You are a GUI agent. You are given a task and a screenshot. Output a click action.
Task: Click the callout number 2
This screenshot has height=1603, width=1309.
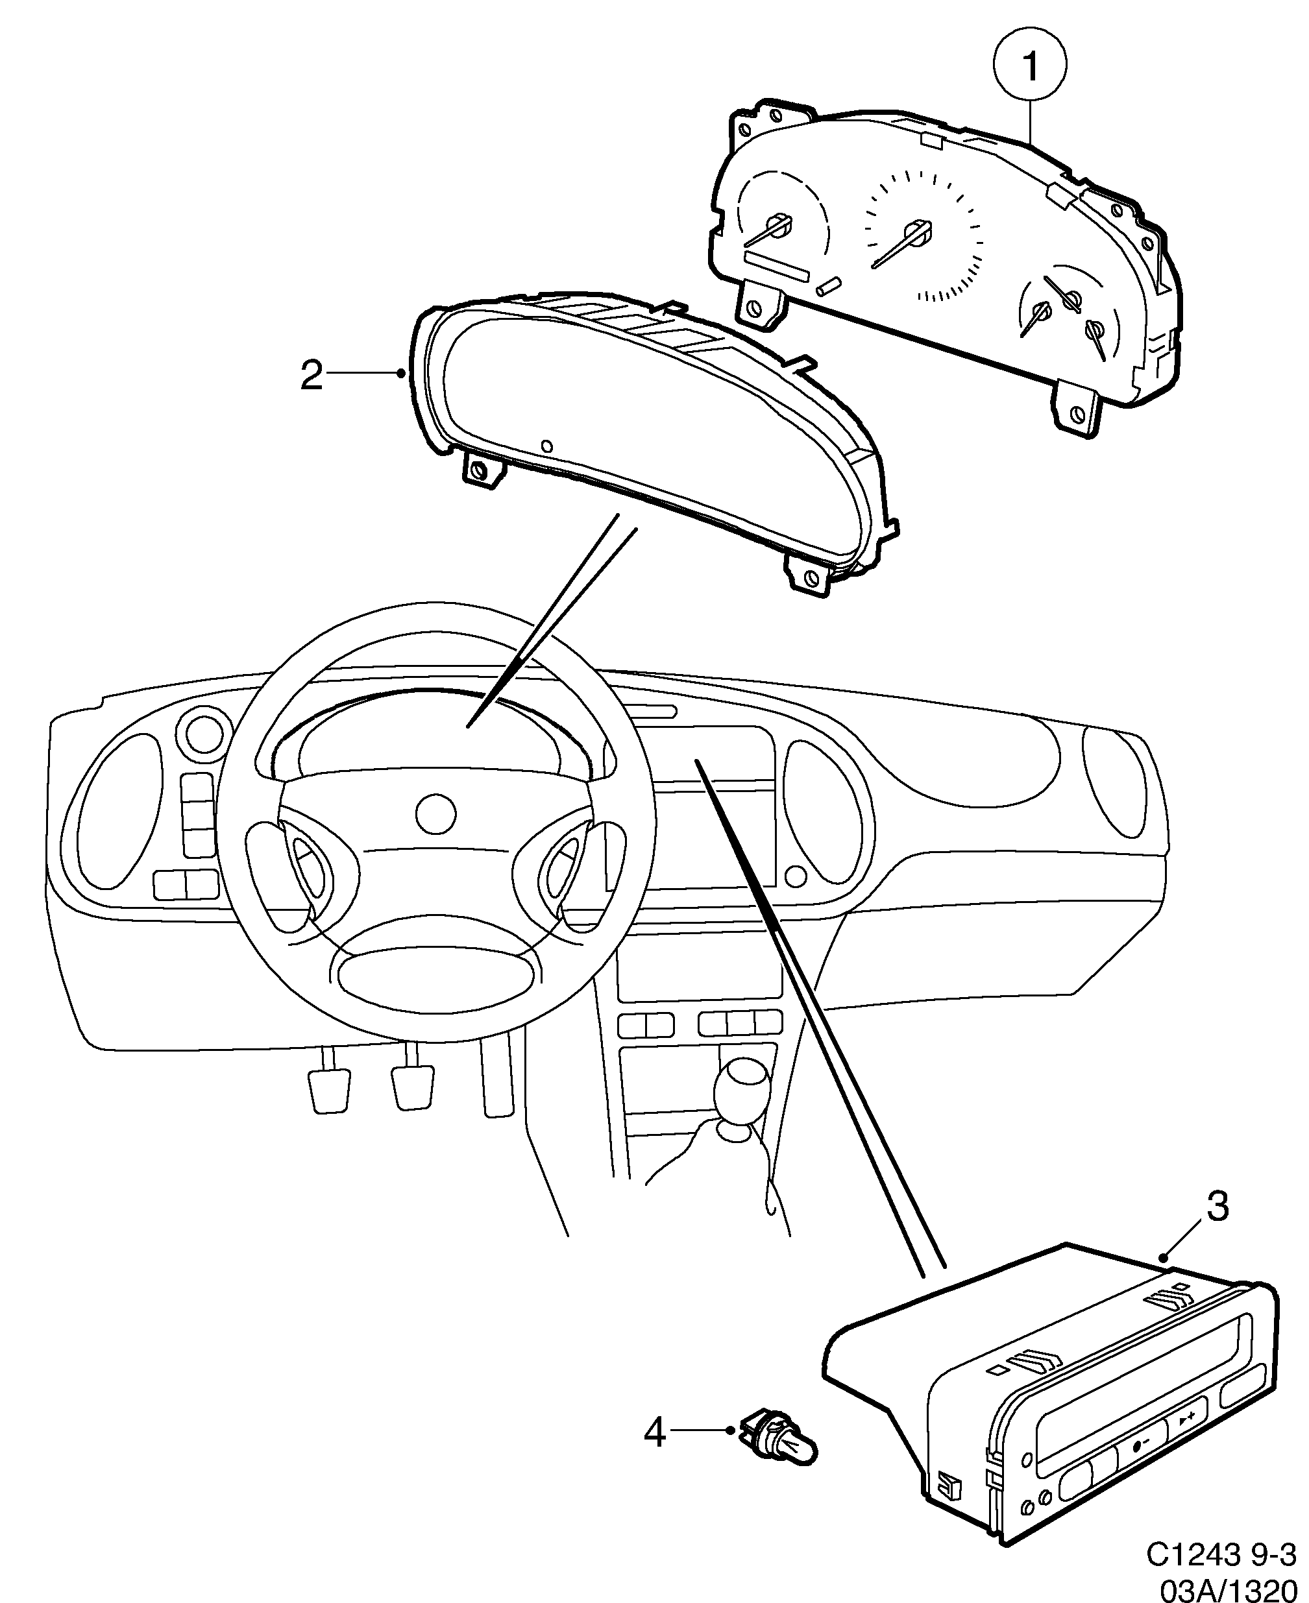pyautogui.click(x=312, y=374)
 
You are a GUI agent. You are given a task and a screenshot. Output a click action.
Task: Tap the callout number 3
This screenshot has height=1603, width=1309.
pyautogui.click(x=1217, y=1207)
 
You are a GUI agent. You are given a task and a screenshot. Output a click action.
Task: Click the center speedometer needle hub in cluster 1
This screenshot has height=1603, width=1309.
pyautogui.click(x=918, y=230)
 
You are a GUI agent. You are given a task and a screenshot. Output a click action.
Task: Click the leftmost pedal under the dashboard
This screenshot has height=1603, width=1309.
pyautogui.click(x=329, y=1089)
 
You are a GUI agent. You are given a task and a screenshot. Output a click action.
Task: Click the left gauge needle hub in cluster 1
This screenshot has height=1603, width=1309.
pyautogui.click(x=778, y=224)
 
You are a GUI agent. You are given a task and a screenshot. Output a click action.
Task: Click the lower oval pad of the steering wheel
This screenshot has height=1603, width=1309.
pyautogui.click(x=439, y=976)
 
